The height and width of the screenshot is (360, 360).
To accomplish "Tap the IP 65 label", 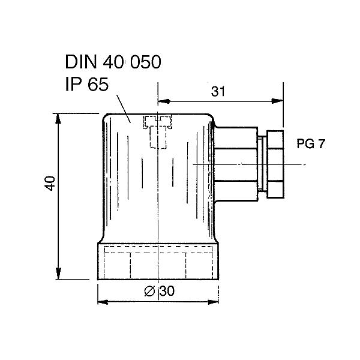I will (86, 85).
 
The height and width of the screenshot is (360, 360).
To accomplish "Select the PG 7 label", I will (311, 144).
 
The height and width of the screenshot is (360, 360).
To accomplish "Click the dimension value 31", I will (218, 92).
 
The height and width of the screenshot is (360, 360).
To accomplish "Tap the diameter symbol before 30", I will (151, 292).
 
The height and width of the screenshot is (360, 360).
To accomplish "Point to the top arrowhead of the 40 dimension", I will (59, 118).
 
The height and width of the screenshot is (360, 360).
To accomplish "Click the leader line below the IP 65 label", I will (124, 107).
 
